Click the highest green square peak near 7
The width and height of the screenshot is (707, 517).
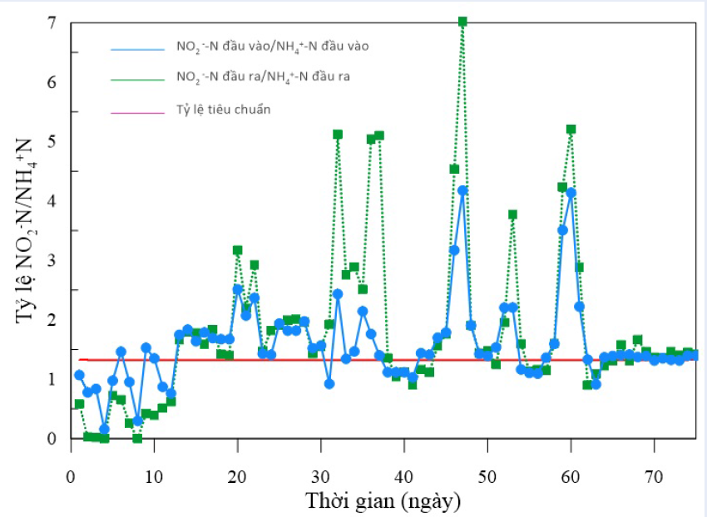[462, 22]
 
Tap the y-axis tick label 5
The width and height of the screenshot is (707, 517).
[52, 141]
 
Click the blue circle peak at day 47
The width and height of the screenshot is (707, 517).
[462, 190]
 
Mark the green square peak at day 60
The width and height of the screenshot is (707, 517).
[571, 130]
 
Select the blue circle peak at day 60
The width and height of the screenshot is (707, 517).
[571, 193]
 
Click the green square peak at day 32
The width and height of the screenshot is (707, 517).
[338, 134]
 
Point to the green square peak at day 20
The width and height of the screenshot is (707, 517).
[238, 250]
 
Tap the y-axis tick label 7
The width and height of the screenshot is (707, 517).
[52, 22]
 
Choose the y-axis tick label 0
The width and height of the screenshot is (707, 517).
[52, 438]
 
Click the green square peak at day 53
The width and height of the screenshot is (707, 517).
[512, 214]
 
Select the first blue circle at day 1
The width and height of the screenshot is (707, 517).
[79, 375]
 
